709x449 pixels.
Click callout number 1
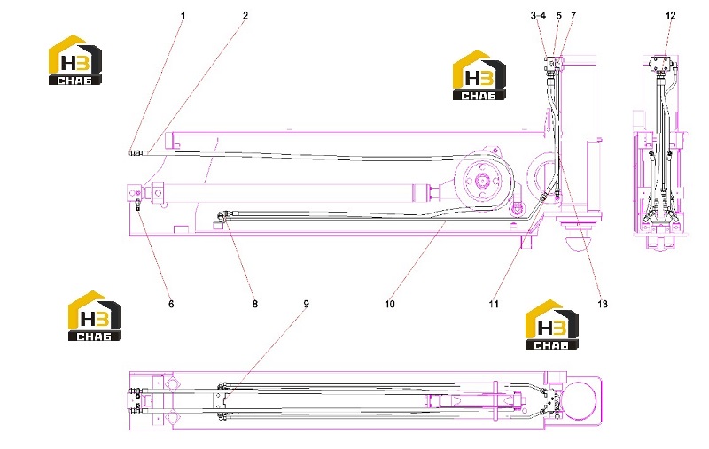(183, 16)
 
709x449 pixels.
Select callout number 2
(245, 16)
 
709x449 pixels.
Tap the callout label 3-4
(538, 16)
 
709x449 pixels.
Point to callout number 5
(559, 16)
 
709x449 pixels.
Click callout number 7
(573, 16)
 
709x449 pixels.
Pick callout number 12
(671, 16)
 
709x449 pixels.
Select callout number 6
(171, 304)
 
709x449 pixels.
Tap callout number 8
(255, 304)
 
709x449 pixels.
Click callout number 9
(306, 304)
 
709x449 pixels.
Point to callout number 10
(390, 304)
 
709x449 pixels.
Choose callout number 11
(494, 304)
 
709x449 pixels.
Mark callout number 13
(603, 304)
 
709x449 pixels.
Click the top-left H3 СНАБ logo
(75, 60)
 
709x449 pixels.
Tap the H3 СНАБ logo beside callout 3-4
(479, 75)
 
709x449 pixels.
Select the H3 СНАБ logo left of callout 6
(95, 316)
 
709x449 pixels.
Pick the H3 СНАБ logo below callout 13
(551, 325)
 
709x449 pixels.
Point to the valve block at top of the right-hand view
(661, 63)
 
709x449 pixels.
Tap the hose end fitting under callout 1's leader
(135, 153)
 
